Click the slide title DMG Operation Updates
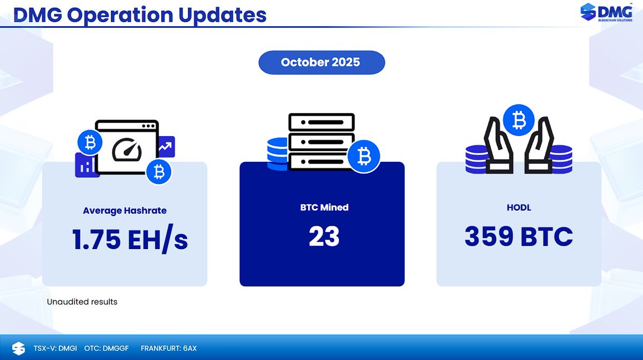click(140, 15)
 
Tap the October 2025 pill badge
click(322, 63)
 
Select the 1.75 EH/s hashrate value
click(130, 239)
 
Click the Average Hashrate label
click(124, 211)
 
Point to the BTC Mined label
click(324, 207)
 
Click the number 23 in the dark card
click(324, 236)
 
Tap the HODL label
click(518, 207)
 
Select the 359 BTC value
click(518, 236)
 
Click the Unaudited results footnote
click(82, 302)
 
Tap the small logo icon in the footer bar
click(18, 348)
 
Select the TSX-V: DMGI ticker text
click(55, 348)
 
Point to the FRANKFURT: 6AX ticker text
click(169, 348)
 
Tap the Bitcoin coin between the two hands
click(518, 121)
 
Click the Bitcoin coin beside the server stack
click(363, 157)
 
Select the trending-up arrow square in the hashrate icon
click(166, 146)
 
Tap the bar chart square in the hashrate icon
click(86, 165)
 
